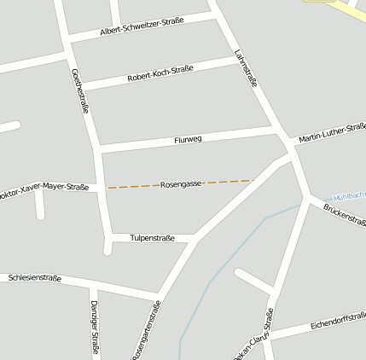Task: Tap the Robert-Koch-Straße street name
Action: point(160,73)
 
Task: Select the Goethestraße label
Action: point(81,90)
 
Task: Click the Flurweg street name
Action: point(188,139)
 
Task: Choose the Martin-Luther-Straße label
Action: point(333,133)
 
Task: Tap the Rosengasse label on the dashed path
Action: point(181,184)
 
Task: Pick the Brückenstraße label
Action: point(345,214)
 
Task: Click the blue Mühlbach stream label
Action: point(349,195)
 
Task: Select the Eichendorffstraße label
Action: point(338,322)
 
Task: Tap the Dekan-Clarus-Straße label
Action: point(253,340)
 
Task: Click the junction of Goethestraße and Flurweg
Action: point(98,150)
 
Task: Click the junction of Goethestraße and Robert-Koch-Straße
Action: point(83,86)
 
